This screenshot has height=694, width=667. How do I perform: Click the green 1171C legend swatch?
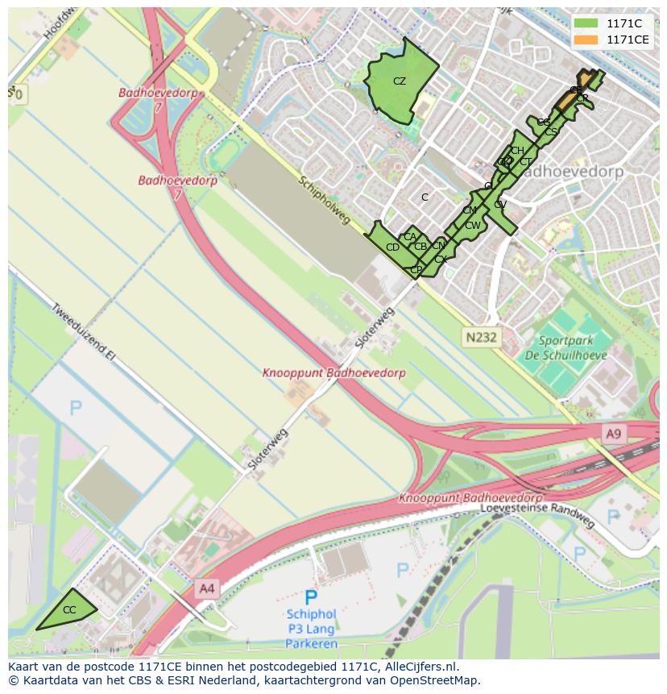[x=586, y=23]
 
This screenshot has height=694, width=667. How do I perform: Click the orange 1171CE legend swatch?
[x=586, y=39]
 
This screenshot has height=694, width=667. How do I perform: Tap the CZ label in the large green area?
[x=400, y=81]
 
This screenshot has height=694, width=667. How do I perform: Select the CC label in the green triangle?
[x=69, y=610]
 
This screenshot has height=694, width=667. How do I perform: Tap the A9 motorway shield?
[x=614, y=434]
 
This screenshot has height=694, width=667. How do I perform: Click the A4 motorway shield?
[x=207, y=588]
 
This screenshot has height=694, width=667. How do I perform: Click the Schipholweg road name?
[x=325, y=201]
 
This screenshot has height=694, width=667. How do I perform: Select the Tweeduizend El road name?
[x=84, y=331]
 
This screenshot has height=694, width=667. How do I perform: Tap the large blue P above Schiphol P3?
[x=311, y=597]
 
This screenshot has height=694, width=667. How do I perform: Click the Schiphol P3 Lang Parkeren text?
[x=311, y=629]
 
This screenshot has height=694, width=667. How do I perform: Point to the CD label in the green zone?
[x=392, y=247]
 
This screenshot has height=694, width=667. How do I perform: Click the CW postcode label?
[x=472, y=226]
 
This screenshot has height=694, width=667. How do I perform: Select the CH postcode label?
[x=517, y=151]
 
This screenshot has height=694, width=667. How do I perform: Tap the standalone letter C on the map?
[x=425, y=197]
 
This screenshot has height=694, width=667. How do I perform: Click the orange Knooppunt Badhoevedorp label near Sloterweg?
[x=333, y=373]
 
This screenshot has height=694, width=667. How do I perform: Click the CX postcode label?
[x=440, y=260]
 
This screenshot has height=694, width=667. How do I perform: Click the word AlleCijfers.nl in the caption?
[x=420, y=667]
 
